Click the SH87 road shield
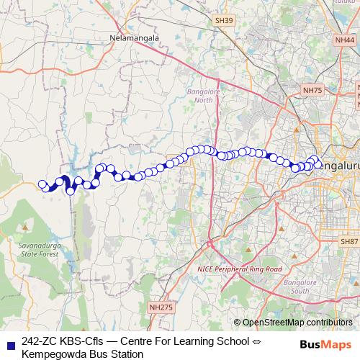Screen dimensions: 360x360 (349, 241)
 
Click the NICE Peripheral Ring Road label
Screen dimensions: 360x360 (238, 269)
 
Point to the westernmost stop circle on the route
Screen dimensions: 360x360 (42, 184)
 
